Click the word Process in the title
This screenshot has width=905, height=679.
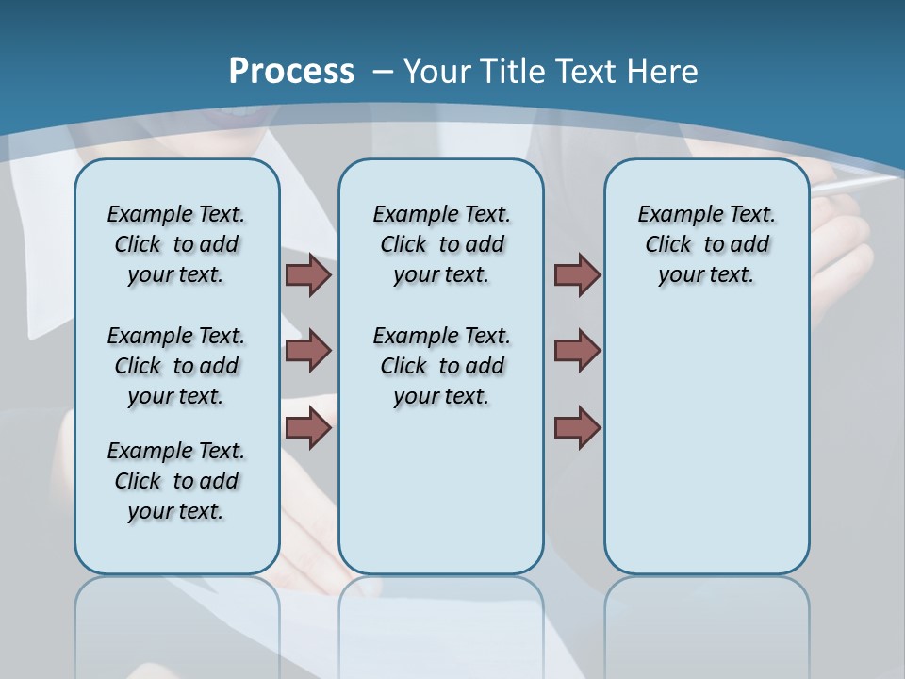click(x=291, y=72)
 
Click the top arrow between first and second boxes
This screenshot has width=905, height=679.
click(x=308, y=275)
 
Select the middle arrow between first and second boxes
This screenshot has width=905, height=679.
click(x=308, y=351)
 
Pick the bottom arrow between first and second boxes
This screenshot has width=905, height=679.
click(x=308, y=428)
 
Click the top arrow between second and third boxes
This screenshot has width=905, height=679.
click(x=577, y=275)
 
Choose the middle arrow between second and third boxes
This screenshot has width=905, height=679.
click(x=577, y=351)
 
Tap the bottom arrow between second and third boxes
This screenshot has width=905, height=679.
click(x=577, y=428)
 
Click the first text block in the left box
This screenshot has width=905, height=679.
click(x=176, y=244)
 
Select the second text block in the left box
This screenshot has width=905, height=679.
click(x=176, y=366)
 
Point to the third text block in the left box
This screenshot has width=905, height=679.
click(x=176, y=481)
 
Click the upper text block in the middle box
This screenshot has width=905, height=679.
click(x=441, y=244)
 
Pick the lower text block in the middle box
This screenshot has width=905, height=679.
click(x=441, y=366)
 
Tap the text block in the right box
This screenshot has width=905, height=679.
click(x=706, y=244)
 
